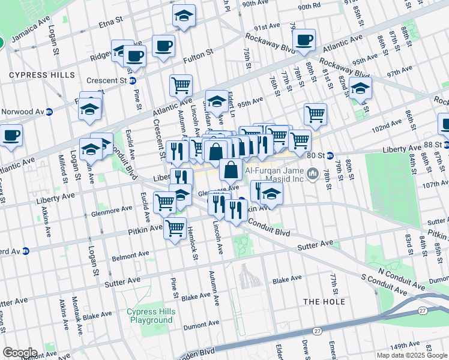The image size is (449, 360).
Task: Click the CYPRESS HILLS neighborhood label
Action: pos(42,75)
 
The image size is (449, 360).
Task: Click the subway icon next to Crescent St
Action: pos(133,80)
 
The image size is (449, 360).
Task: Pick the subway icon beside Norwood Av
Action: pos(50,112)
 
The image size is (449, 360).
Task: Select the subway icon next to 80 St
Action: pos(330,155)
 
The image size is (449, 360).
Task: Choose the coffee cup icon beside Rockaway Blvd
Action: pos(304,40)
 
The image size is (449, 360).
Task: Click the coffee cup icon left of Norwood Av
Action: pos(11,134)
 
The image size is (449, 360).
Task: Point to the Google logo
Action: pos(20,353)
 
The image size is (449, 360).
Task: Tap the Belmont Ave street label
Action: pos(130,257)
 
